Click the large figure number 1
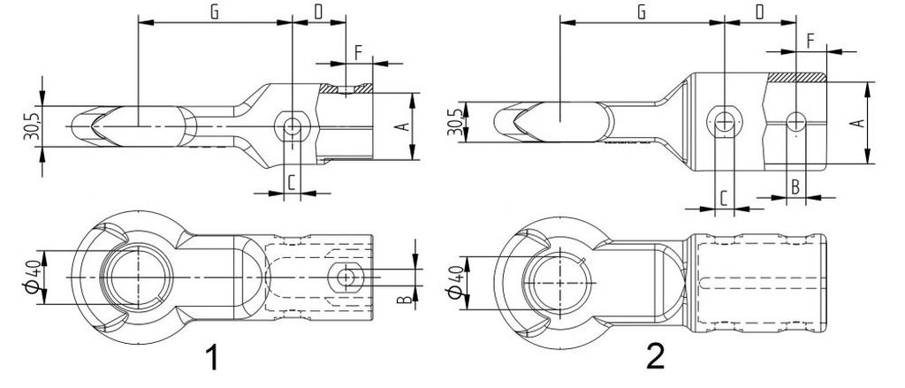[x=212, y=356]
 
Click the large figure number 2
[x=655, y=356]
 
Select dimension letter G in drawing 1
[x=214, y=12]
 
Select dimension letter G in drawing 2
[x=641, y=12]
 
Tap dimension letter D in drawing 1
[x=318, y=12]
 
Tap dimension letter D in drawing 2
[x=759, y=12]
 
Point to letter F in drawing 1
[x=358, y=53]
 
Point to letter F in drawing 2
[x=810, y=42]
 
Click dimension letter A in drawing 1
[x=406, y=125]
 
